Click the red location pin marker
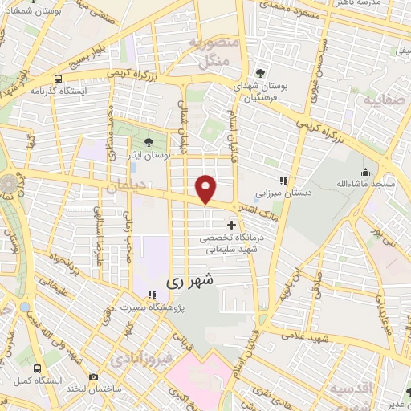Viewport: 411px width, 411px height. (206, 188)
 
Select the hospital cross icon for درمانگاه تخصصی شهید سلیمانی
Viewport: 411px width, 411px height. (233, 225)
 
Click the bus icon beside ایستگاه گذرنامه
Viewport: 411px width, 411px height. (58, 79)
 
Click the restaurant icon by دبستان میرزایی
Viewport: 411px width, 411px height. (282, 180)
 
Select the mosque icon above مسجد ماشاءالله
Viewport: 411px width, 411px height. (366, 172)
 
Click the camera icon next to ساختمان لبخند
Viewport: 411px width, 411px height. (93, 377)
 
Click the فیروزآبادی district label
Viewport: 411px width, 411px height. (141, 356)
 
